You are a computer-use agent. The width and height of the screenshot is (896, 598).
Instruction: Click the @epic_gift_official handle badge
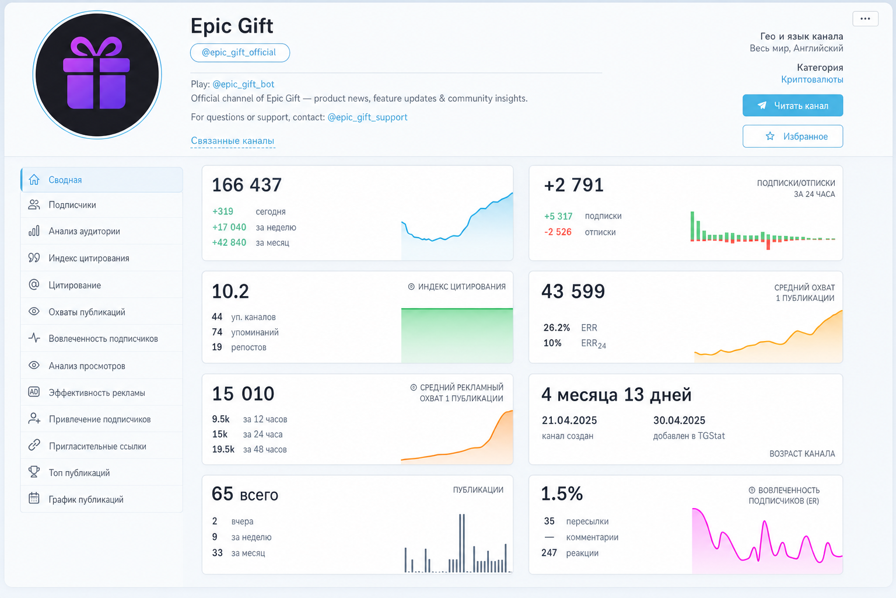click(x=240, y=53)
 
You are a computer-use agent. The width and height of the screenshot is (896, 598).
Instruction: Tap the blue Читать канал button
click(x=792, y=105)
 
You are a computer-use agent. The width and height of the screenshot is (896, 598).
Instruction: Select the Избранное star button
click(x=792, y=136)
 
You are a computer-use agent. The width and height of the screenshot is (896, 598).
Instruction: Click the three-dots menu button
click(x=865, y=19)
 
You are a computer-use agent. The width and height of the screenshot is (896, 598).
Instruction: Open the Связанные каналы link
click(x=232, y=141)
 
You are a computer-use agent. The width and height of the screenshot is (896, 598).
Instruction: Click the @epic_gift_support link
click(x=367, y=117)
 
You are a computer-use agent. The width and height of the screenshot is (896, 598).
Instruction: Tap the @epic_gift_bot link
click(x=243, y=84)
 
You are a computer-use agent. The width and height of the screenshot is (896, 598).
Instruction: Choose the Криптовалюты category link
click(x=812, y=79)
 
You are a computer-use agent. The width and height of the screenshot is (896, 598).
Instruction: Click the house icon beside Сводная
click(x=34, y=179)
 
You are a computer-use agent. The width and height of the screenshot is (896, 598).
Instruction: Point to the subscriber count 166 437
click(x=247, y=185)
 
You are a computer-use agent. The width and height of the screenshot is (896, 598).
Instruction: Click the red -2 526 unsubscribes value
click(x=558, y=232)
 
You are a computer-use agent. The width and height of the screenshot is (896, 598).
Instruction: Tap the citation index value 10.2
click(x=230, y=291)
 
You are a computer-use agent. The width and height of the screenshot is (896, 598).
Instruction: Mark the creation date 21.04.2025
click(x=569, y=420)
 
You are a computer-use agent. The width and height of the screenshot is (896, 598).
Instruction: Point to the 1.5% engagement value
click(x=562, y=493)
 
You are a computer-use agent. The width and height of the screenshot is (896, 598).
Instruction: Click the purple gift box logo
click(x=97, y=74)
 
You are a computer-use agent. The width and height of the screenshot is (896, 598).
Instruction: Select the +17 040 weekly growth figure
click(x=229, y=227)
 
